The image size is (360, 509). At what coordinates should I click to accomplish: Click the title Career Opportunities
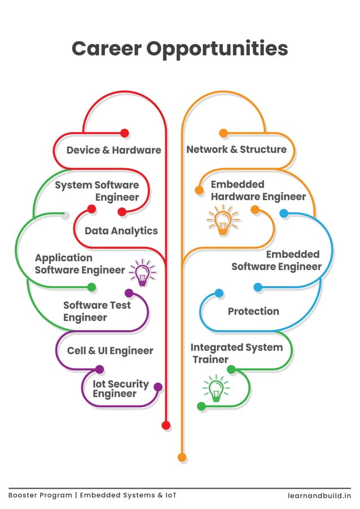[179, 49]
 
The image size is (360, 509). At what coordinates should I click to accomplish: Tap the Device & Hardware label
[113, 150]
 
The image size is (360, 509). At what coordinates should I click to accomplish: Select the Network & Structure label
[236, 150]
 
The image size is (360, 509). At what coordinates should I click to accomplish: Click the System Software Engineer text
[96, 191]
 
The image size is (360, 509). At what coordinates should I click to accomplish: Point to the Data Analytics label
[121, 231]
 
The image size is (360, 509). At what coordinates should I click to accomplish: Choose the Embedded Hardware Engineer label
[258, 191]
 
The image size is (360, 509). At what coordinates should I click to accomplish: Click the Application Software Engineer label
[80, 264]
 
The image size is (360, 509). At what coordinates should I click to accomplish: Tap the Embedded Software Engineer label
[276, 260]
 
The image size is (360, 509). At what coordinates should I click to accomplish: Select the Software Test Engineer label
[96, 311]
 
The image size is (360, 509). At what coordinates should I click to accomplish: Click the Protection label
[253, 311]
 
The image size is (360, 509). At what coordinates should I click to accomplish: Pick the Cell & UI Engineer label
[110, 350]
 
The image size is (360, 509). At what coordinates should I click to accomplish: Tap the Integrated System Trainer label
[236, 353]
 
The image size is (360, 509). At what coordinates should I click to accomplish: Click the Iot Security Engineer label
[121, 389]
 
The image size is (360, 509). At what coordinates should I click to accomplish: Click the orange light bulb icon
[223, 221]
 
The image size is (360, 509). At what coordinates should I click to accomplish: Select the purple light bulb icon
[143, 273]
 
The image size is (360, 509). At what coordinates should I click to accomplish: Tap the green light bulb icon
[216, 389]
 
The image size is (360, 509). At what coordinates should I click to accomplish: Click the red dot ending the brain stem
[166, 425]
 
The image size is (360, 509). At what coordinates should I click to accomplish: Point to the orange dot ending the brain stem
[182, 457]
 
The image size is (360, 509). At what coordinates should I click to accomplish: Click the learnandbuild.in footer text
[319, 495]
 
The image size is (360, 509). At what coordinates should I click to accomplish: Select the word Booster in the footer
[24, 495]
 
